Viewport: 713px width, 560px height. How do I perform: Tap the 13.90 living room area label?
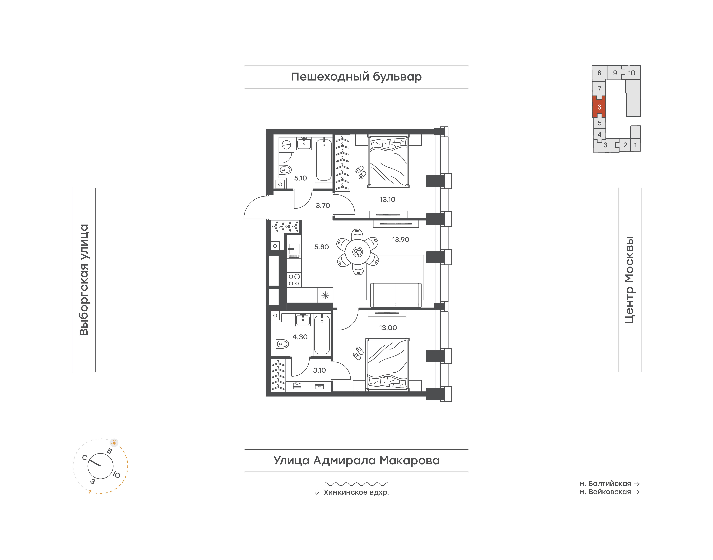point(400,240)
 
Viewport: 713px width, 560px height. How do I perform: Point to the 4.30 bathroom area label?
point(300,337)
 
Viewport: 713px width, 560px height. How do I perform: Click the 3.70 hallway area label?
point(323,206)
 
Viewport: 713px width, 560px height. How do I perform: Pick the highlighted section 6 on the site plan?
point(599,107)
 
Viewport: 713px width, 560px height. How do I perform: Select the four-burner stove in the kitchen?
point(294,280)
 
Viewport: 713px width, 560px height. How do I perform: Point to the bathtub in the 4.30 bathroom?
point(322,334)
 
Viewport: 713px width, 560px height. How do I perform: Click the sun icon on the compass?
point(114,443)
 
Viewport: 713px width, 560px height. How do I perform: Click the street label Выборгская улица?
point(84,280)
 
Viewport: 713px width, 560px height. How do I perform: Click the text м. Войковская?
point(605,492)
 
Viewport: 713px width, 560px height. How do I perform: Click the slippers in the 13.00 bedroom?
point(358,353)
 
